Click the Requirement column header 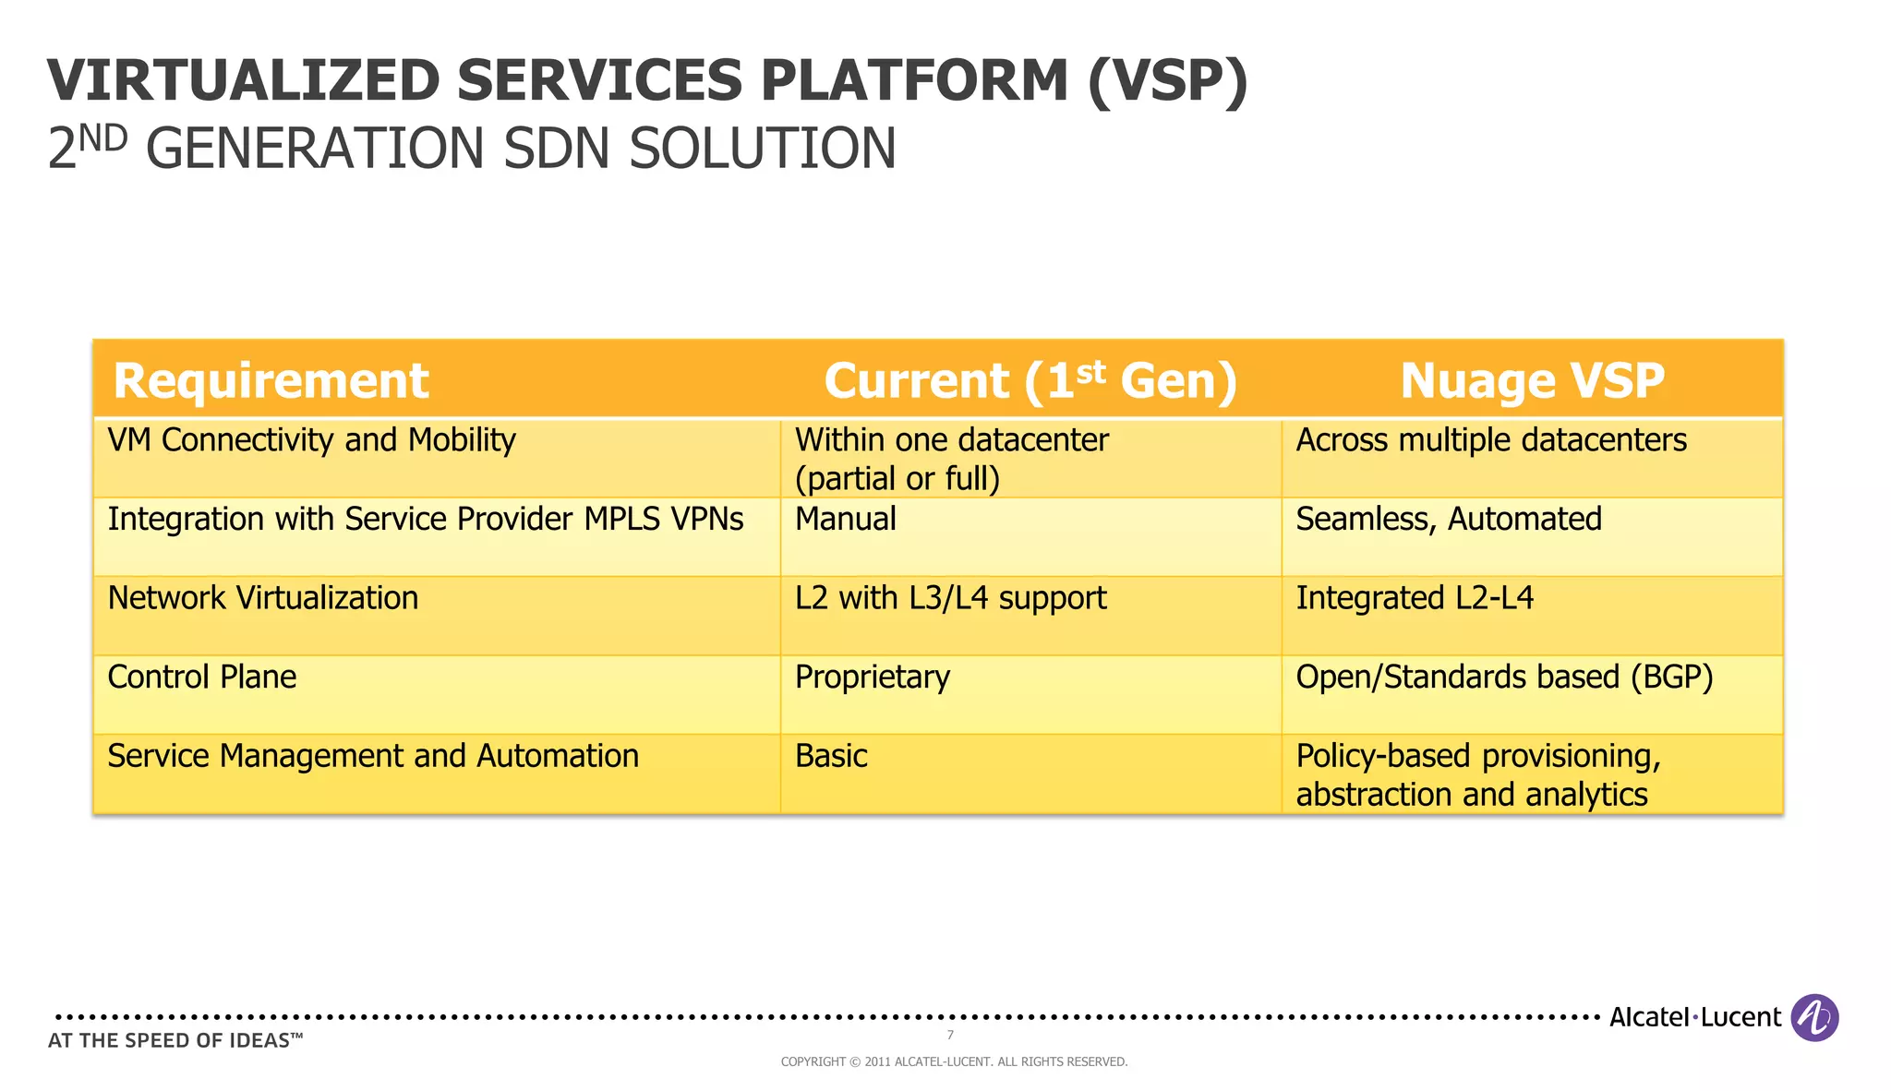(x=271, y=380)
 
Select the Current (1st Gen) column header (x=1030, y=380)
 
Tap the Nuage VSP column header (x=1532, y=380)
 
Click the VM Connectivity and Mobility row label (x=311, y=440)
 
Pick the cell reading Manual (x=845, y=520)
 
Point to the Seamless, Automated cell (x=1448, y=520)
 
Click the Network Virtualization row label (x=262, y=598)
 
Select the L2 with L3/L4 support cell (x=950, y=598)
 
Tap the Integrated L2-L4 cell (x=1414, y=598)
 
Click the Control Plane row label (x=201, y=677)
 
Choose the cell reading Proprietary (x=872, y=677)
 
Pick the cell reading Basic (x=831, y=757)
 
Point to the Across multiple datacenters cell (x=1490, y=440)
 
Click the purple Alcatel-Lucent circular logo (x=1814, y=1017)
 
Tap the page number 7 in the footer (x=950, y=1035)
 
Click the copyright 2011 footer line (x=954, y=1062)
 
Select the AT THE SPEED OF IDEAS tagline (x=175, y=1041)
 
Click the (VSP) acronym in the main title (x=1167, y=81)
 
